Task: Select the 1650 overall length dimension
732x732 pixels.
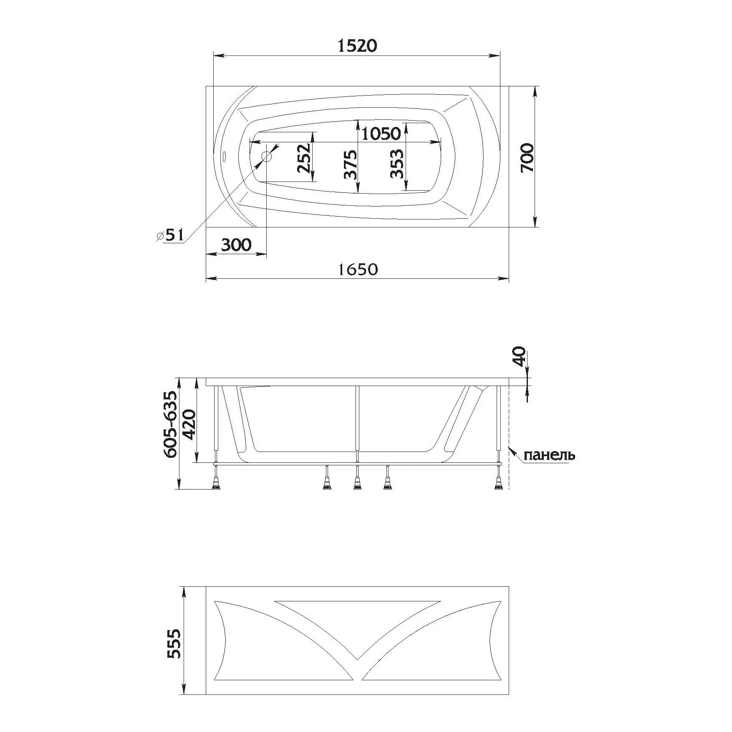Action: [358, 270]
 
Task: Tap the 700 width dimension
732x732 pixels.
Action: [527, 157]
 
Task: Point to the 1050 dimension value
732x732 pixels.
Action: [381, 134]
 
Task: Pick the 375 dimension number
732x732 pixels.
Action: [351, 164]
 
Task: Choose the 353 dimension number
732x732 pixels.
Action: [397, 164]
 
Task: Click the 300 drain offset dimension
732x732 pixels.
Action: [236, 245]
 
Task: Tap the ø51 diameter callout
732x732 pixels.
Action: [170, 235]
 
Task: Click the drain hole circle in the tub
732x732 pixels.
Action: [266, 157]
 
